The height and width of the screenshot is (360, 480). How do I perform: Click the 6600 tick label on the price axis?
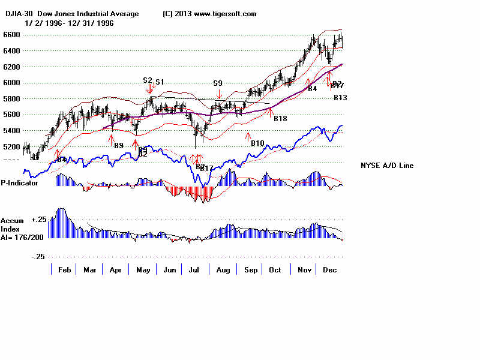(11, 35)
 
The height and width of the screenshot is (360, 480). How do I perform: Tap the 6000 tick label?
(11, 82)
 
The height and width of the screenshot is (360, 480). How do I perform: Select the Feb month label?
(64, 270)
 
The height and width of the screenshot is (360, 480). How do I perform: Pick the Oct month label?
(275, 270)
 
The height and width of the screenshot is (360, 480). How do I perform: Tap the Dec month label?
(329, 270)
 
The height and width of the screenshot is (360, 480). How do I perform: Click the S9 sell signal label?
(218, 83)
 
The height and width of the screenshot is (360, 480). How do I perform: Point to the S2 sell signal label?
(148, 80)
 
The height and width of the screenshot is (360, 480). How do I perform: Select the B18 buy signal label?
(280, 119)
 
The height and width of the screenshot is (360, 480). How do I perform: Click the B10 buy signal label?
(257, 143)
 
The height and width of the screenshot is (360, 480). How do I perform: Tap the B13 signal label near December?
(340, 97)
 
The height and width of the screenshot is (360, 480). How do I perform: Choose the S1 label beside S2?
(160, 82)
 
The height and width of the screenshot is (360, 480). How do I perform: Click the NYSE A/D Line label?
(387, 166)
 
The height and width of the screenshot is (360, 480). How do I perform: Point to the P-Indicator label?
(20, 182)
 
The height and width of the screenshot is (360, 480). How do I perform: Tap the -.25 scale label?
(37, 256)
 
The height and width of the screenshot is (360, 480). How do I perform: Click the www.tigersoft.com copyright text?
(209, 14)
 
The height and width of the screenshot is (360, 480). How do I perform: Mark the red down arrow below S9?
(219, 94)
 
